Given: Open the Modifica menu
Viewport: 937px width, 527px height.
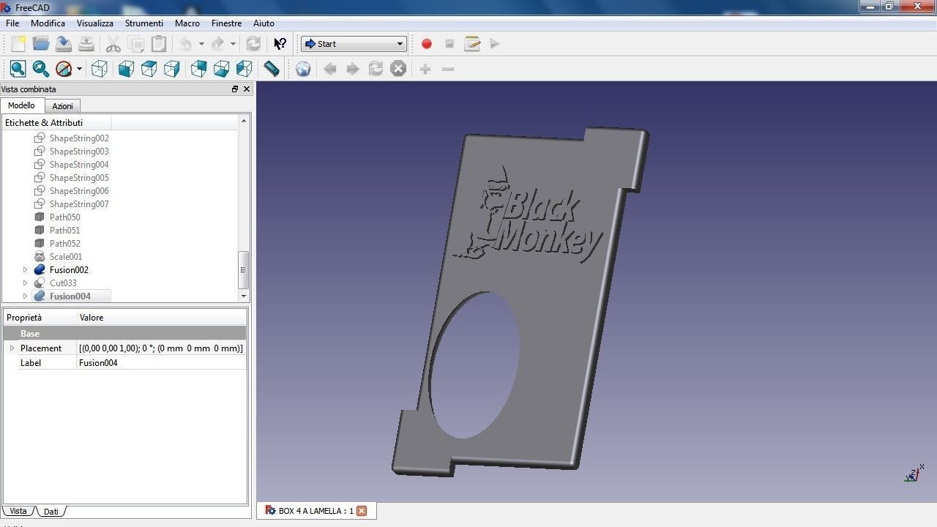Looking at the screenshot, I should pos(48,23).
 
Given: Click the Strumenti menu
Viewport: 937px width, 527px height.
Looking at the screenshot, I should pos(144,23).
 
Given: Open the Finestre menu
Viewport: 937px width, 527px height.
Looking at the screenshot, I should pos(226,23).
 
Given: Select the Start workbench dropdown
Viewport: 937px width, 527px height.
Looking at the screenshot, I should pos(354,44).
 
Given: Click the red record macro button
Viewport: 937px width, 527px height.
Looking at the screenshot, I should pos(427,44).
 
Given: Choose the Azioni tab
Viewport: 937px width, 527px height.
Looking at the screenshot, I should pos(62,106).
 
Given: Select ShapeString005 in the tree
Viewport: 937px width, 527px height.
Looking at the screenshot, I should pos(79,178).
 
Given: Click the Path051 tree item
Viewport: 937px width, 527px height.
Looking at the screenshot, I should pos(64,231).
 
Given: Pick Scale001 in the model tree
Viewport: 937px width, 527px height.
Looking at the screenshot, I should pos(66,257).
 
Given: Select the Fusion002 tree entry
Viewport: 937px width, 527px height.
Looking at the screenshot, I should pos(69,270).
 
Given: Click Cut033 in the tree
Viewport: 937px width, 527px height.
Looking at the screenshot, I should pos(63,283).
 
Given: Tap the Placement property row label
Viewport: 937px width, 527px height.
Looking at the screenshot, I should pos(41,348).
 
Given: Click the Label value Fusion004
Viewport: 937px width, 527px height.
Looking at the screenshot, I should pos(98,363).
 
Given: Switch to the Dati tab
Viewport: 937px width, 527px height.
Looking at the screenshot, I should pos(51,512).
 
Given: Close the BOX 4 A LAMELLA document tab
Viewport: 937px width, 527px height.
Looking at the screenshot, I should pos(361,511).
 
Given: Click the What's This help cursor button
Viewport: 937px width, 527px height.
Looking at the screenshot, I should pos(280,44).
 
